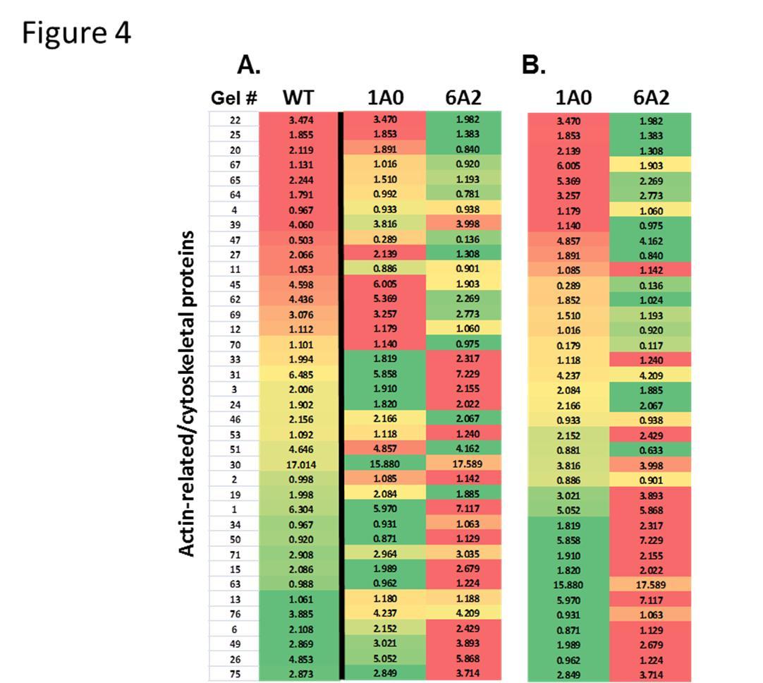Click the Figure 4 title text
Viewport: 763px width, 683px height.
tap(76, 32)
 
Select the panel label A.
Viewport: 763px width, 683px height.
tap(248, 65)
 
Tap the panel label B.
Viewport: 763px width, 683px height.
tap(533, 65)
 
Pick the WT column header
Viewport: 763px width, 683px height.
tap(298, 98)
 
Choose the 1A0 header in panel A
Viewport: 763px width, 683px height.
tap(386, 98)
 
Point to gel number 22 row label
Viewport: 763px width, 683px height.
tap(235, 121)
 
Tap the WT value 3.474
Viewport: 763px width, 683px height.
tap(300, 121)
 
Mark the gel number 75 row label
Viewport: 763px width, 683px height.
tap(235, 673)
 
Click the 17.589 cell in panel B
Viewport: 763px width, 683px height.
tap(651, 584)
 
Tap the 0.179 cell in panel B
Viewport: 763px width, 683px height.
tap(568, 345)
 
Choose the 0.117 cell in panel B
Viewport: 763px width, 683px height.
tap(651, 345)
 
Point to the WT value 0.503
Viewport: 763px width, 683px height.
tap(300, 240)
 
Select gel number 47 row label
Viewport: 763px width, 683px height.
tap(235, 240)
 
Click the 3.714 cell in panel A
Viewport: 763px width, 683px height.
tap(463, 673)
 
